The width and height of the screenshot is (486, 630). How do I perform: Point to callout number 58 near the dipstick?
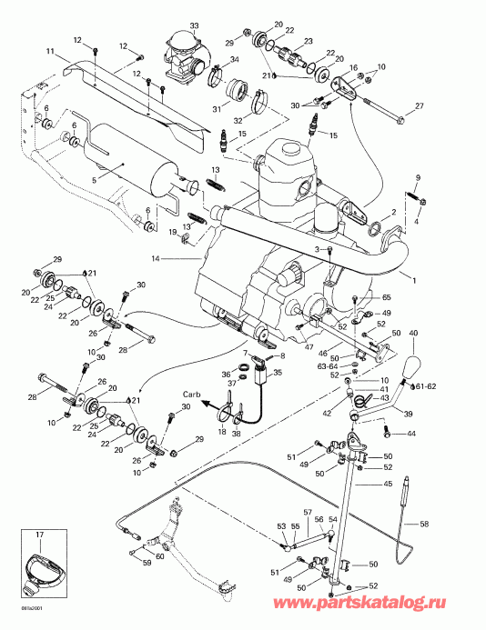pos(424,525)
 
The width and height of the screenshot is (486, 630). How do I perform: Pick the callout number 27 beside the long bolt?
pos(420,107)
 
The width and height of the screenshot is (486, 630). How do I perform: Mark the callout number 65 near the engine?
pos(386,297)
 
